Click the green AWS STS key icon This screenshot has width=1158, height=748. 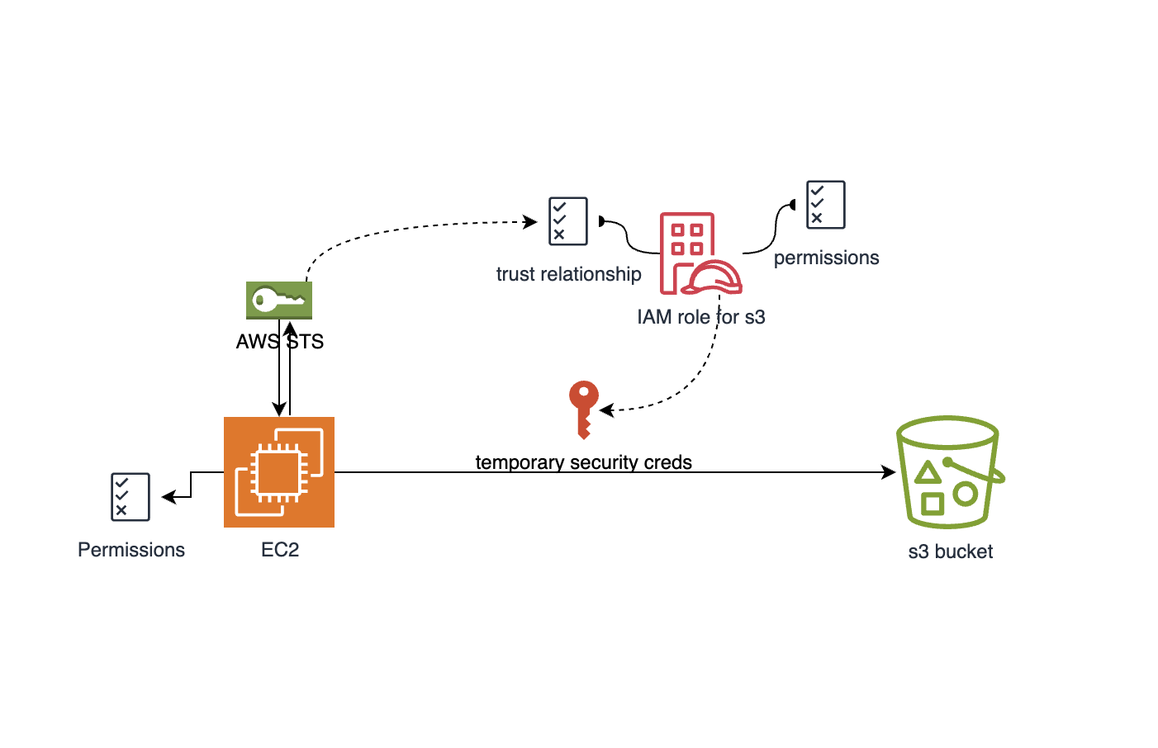tap(279, 300)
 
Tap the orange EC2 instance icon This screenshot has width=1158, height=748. tap(279, 472)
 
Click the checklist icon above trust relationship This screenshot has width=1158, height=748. tap(568, 221)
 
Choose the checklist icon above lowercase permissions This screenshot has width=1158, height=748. tap(825, 205)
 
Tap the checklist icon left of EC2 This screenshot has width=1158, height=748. tap(131, 497)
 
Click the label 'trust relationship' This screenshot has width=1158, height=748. tap(568, 274)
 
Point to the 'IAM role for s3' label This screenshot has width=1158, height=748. tap(700, 317)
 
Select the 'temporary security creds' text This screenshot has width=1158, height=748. tap(583, 462)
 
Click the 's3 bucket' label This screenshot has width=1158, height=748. tap(950, 552)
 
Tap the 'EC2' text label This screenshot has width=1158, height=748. tap(280, 550)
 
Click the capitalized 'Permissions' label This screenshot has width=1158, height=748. tap(131, 550)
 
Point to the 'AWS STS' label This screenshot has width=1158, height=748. tap(279, 342)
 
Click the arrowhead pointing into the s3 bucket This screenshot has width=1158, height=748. tap(890, 472)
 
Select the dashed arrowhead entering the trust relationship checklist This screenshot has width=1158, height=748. tap(531, 221)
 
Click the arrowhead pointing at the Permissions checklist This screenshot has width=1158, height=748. tap(168, 497)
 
